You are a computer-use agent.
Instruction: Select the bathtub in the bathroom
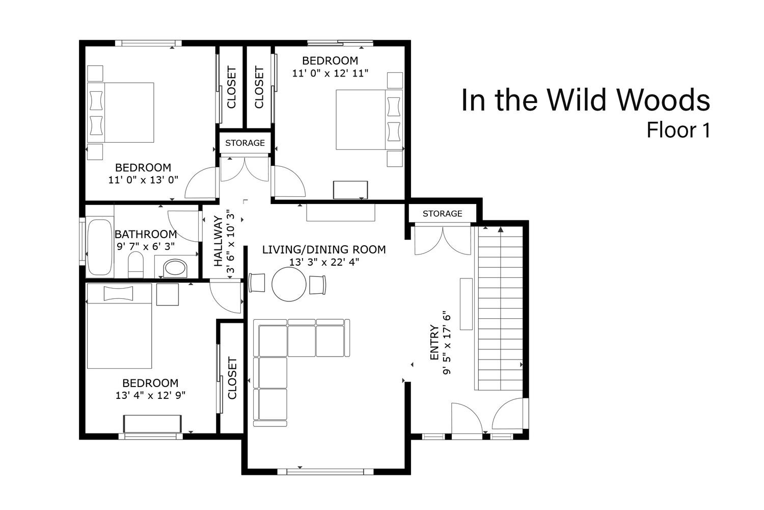pos(100,247)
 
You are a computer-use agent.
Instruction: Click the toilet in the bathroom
pos(136,265)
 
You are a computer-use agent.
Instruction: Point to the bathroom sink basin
pos(175,268)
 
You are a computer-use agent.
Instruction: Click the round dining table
pos(289,284)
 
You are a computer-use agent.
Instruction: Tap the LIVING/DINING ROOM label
pos(324,250)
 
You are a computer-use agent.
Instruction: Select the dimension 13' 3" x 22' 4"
pos(324,262)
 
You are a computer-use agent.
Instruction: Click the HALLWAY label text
pos(219,241)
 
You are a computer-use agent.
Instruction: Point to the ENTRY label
pos(434,342)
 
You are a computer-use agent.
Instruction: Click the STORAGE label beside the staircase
pos(443,214)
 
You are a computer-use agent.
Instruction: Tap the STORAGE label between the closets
pos(245,143)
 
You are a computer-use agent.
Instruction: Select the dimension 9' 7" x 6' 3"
pos(146,246)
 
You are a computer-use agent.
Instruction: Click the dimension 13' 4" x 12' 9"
pos(150,395)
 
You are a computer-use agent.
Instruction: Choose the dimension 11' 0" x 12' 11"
pos(330,73)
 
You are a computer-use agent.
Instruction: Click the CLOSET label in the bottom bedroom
pos(232,378)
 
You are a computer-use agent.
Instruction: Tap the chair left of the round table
pos(257,283)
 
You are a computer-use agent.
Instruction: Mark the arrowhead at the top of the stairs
pos(500,229)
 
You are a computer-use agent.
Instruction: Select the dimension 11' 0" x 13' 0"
pos(143,180)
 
